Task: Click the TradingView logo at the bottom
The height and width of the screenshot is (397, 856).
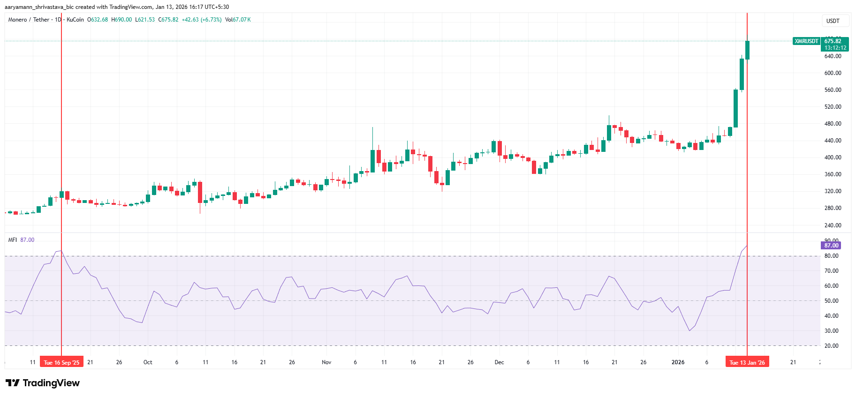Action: point(43,383)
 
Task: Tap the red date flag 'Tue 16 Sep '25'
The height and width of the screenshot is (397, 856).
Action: point(61,362)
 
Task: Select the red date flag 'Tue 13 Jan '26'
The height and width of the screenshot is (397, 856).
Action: point(747,362)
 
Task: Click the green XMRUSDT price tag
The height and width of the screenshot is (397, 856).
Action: point(806,41)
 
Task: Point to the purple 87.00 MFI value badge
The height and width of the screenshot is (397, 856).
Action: point(831,246)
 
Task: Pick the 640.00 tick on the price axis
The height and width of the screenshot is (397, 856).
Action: point(833,56)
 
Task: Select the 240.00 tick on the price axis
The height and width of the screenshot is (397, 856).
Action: point(833,225)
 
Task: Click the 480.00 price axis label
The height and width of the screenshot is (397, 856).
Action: point(833,124)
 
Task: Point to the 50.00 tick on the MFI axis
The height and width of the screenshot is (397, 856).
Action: point(831,301)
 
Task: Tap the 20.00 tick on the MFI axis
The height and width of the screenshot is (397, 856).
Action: point(831,346)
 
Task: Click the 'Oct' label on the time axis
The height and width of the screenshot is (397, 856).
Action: point(148,362)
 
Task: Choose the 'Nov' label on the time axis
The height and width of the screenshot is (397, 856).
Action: point(326,362)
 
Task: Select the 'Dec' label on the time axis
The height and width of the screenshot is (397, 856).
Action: point(499,362)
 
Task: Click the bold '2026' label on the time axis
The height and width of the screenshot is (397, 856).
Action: point(678,362)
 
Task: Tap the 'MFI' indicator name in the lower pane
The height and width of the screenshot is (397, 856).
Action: point(12,240)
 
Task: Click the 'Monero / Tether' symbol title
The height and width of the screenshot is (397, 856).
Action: point(29,20)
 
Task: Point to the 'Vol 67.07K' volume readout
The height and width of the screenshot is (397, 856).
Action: point(238,20)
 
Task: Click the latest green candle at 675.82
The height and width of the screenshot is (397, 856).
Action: point(747,50)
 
